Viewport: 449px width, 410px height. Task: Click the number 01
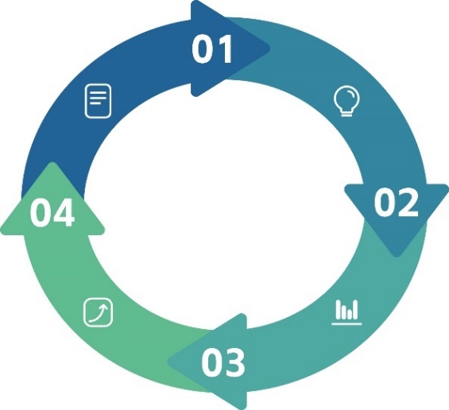pyautogui.click(x=212, y=48)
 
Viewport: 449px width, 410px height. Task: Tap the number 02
pyautogui.click(x=396, y=203)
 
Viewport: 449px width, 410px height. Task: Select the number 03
pyautogui.click(x=223, y=362)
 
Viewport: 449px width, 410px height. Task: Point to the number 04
pyautogui.click(x=52, y=213)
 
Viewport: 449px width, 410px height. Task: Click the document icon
pyautogui.click(x=99, y=101)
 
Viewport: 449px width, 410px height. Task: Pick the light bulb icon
pyautogui.click(x=346, y=101)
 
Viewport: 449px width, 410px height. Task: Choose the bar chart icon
pyautogui.click(x=346, y=312)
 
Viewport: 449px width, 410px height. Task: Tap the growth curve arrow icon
pyautogui.click(x=98, y=312)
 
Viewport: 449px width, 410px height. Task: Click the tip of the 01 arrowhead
pyautogui.click(x=269, y=48)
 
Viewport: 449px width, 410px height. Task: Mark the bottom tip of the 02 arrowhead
pyautogui.click(x=397, y=257)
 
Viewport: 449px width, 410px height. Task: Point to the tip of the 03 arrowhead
pyautogui.click(x=168, y=362)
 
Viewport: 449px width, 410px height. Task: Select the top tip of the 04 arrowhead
pyautogui.click(x=52, y=163)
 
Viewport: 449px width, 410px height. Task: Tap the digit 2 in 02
pyautogui.click(x=408, y=202)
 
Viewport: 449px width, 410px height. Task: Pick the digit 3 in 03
pyautogui.click(x=235, y=362)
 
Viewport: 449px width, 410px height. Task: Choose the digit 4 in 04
pyautogui.click(x=64, y=213)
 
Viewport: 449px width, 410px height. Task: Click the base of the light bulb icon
pyautogui.click(x=346, y=114)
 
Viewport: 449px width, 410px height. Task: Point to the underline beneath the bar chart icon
pyautogui.click(x=346, y=324)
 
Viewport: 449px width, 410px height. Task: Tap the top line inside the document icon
pyautogui.click(x=99, y=92)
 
